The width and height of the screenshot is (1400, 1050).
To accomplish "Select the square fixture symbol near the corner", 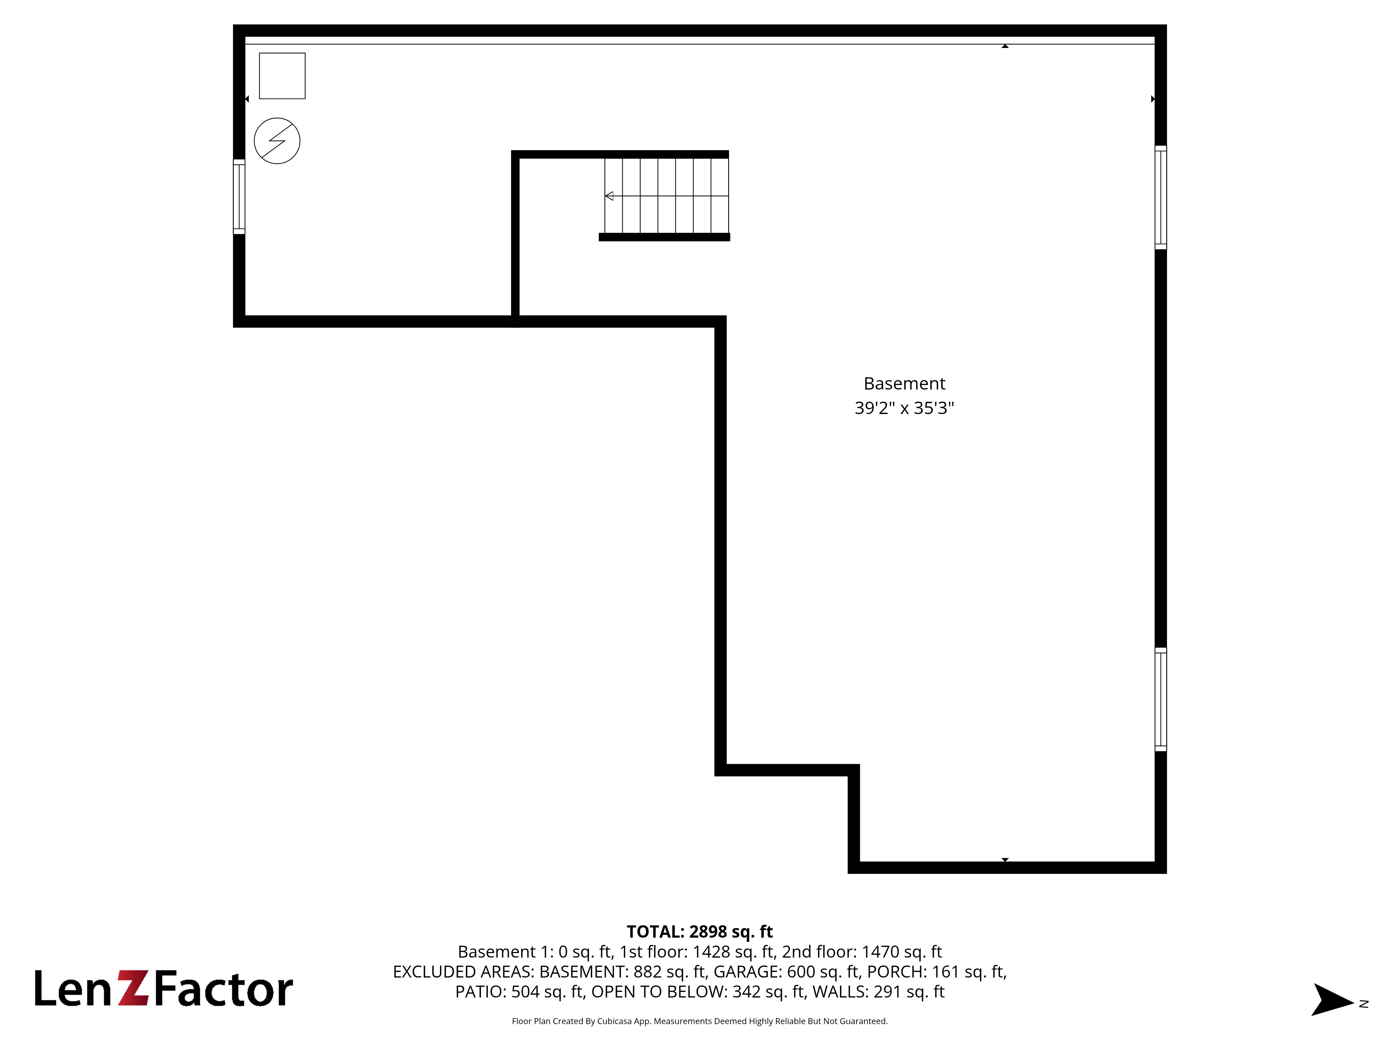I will pyautogui.click(x=282, y=76).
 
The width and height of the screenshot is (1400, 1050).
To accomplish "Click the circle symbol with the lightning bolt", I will pyautogui.click(x=277, y=140).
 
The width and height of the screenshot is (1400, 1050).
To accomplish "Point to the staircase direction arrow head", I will pyautogui.click(x=609, y=196).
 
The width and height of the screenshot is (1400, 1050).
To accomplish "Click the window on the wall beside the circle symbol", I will pyautogui.click(x=239, y=197).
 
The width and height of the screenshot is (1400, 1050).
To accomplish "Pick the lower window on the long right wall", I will pyautogui.click(x=1160, y=699).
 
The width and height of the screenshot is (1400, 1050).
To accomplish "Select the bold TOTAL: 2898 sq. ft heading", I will pyautogui.click(x=699, y=932).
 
